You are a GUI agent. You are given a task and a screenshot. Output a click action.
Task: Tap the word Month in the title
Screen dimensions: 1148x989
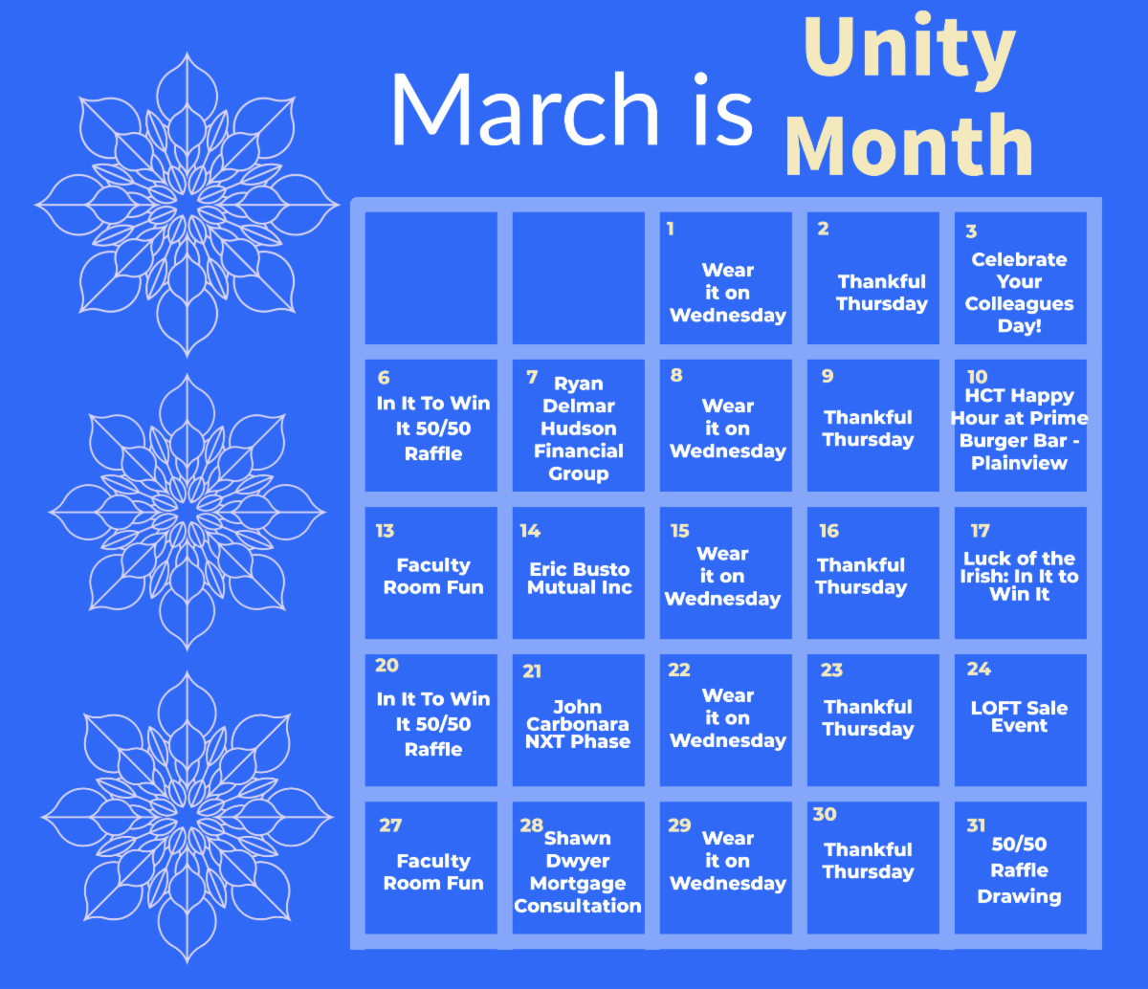(909, 145)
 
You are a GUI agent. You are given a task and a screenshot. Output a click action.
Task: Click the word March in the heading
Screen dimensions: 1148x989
(525, 110)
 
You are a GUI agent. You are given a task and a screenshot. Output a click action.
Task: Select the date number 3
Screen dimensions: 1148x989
(971, 231)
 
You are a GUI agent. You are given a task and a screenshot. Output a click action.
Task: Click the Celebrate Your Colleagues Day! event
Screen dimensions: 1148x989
(1019, 292)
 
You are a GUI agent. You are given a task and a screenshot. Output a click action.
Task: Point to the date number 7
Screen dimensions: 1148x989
(532, 377)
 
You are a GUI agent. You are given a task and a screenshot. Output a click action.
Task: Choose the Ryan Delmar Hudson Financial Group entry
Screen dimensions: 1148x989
(578, 429)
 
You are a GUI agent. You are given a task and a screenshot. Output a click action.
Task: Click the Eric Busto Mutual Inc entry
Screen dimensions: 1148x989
(580, 578)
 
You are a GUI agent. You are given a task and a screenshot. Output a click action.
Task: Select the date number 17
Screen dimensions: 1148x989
(981, 531)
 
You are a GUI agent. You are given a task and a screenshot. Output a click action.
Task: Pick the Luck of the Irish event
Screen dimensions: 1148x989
(1019, 577)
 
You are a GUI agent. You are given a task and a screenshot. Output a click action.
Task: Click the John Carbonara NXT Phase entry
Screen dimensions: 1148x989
(578, 724)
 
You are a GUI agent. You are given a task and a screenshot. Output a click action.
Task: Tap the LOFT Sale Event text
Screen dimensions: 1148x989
(1019, 716)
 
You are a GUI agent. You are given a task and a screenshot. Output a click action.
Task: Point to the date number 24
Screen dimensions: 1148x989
(979, 669)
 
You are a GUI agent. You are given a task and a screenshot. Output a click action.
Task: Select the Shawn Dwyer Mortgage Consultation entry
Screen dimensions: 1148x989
(578, 871)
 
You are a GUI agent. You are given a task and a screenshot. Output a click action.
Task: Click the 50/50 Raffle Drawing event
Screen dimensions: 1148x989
(1019, 870)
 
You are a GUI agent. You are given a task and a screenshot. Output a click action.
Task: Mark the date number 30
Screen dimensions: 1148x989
(825, 814)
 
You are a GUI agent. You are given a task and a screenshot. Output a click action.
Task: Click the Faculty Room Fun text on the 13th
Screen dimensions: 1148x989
(433, 576)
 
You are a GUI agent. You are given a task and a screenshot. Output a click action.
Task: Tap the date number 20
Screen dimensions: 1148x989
(386, 666)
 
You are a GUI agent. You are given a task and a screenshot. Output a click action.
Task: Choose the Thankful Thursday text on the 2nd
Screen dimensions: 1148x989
(882, 293)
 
